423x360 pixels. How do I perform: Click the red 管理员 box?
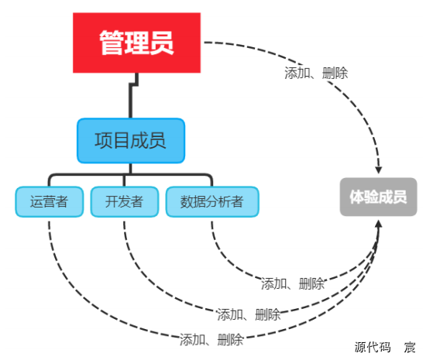pos(136,43)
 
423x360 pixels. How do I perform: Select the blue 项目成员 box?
pos(131,140)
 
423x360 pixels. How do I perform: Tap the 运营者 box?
pos(49,202)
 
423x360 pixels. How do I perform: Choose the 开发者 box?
pos(124,202)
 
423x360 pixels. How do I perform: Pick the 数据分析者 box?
pos(211,202)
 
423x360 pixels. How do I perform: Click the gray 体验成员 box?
pos(378,197)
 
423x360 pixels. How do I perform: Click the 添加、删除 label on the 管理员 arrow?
pos(316,74)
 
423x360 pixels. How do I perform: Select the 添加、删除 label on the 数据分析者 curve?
pos(292,283)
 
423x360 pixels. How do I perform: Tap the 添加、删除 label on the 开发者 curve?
pos(249,314)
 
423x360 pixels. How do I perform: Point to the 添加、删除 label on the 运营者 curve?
pos(211,339)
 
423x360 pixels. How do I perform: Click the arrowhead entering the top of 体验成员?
pos(378,169)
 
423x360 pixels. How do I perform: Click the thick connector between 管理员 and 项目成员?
pos(133,93)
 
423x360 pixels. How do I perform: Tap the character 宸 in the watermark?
pos(410,347)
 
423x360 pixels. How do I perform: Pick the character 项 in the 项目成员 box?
pos(104,140)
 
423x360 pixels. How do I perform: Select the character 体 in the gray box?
pos(356,197)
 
